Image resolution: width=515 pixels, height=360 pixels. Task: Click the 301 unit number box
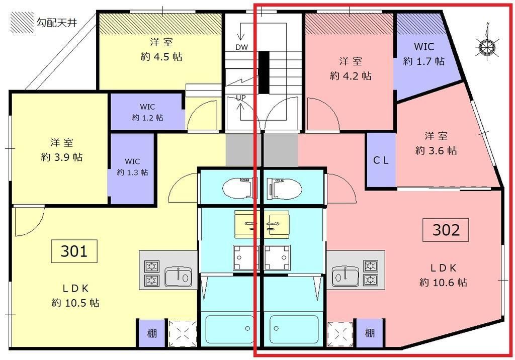74,251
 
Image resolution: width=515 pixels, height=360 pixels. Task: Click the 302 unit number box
446,230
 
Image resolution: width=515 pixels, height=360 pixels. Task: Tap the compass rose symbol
486,46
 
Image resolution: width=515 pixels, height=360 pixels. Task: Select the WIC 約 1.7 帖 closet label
424,54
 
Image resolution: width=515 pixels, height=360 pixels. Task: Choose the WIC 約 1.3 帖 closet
132,167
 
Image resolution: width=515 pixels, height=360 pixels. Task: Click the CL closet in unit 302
381,161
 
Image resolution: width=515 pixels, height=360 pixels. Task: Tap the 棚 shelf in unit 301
151,333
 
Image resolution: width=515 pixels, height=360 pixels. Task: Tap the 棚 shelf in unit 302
370,333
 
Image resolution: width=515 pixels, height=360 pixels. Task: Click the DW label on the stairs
241,47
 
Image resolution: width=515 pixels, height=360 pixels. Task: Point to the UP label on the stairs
241,98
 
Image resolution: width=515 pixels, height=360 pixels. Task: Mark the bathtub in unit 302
294,329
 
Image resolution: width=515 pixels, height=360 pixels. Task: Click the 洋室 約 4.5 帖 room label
161,49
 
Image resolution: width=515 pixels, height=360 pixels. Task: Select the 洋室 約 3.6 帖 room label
436,143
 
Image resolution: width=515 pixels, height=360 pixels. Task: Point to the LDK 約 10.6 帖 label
443,275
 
